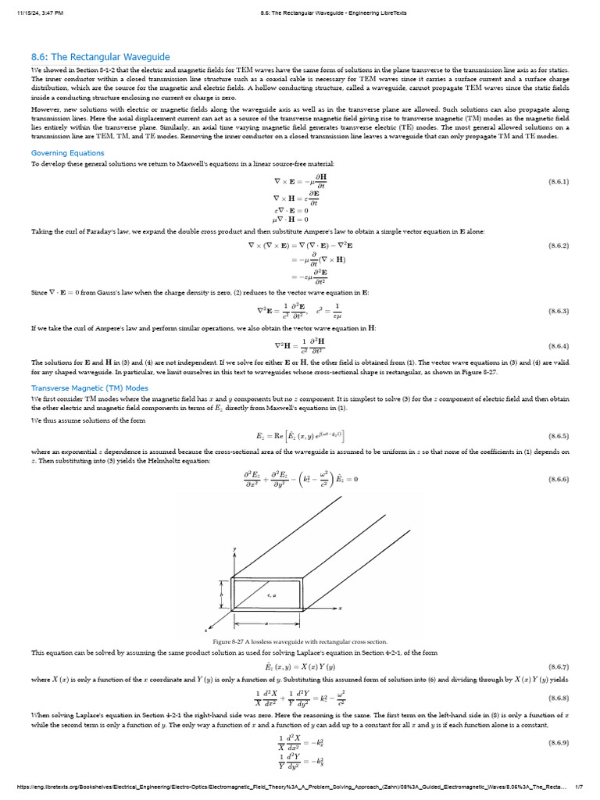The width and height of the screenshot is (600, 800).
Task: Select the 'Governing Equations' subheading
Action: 67,152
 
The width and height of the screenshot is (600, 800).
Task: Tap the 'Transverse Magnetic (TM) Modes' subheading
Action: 89,387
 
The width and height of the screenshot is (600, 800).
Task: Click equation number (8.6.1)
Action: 558,180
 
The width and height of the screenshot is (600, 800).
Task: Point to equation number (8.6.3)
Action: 558,310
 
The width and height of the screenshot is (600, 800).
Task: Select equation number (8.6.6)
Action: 558,479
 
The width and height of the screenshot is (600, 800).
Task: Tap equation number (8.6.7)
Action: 558,666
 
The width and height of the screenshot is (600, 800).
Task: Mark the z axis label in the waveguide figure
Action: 205,629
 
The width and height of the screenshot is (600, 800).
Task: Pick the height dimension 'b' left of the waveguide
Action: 223,595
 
